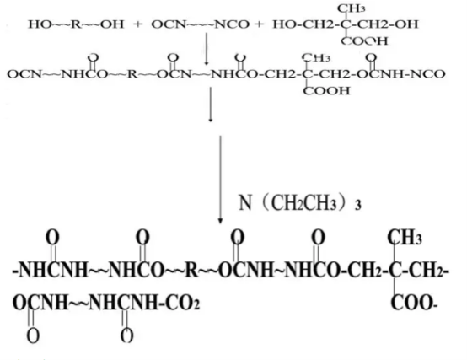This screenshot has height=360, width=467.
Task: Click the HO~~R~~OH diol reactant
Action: (x=76, y=24)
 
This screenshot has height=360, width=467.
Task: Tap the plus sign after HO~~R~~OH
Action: (x=137, y=24)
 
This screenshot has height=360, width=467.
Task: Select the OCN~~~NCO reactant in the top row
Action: (x=200, y=24)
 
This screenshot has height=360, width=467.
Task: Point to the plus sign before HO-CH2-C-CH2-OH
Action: (x=259, y=24)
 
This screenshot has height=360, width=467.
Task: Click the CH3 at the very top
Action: (x=351, y=8)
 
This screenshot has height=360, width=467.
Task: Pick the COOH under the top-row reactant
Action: (x=364, y=40)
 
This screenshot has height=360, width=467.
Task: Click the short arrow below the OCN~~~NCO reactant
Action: (x=206, y=48)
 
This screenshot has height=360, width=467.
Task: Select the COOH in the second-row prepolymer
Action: (x=326, y=90)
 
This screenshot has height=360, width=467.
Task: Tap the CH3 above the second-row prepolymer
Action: (x=316, y=57)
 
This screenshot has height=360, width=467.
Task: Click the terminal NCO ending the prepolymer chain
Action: (x=428, y=74)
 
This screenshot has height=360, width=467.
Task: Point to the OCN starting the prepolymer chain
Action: (x=24, y=74)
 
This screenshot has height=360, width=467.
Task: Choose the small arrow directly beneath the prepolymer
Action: (x=211, y=105)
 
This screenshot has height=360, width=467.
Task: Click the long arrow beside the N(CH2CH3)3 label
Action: (x=220, y=180)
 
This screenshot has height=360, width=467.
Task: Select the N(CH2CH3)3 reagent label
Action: (x=300, y=203)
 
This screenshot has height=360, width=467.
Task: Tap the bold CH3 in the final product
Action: (x=405, y=238)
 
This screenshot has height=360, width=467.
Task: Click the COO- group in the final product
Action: (x=414, y=303)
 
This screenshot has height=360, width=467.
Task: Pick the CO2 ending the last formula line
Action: (x=182, y=303)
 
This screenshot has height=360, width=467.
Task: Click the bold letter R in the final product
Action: (x=192, y=270)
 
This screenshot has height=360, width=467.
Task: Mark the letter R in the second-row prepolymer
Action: (x=133, y=74)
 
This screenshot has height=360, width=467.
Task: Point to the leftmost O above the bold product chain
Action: (x=52, y=238)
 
